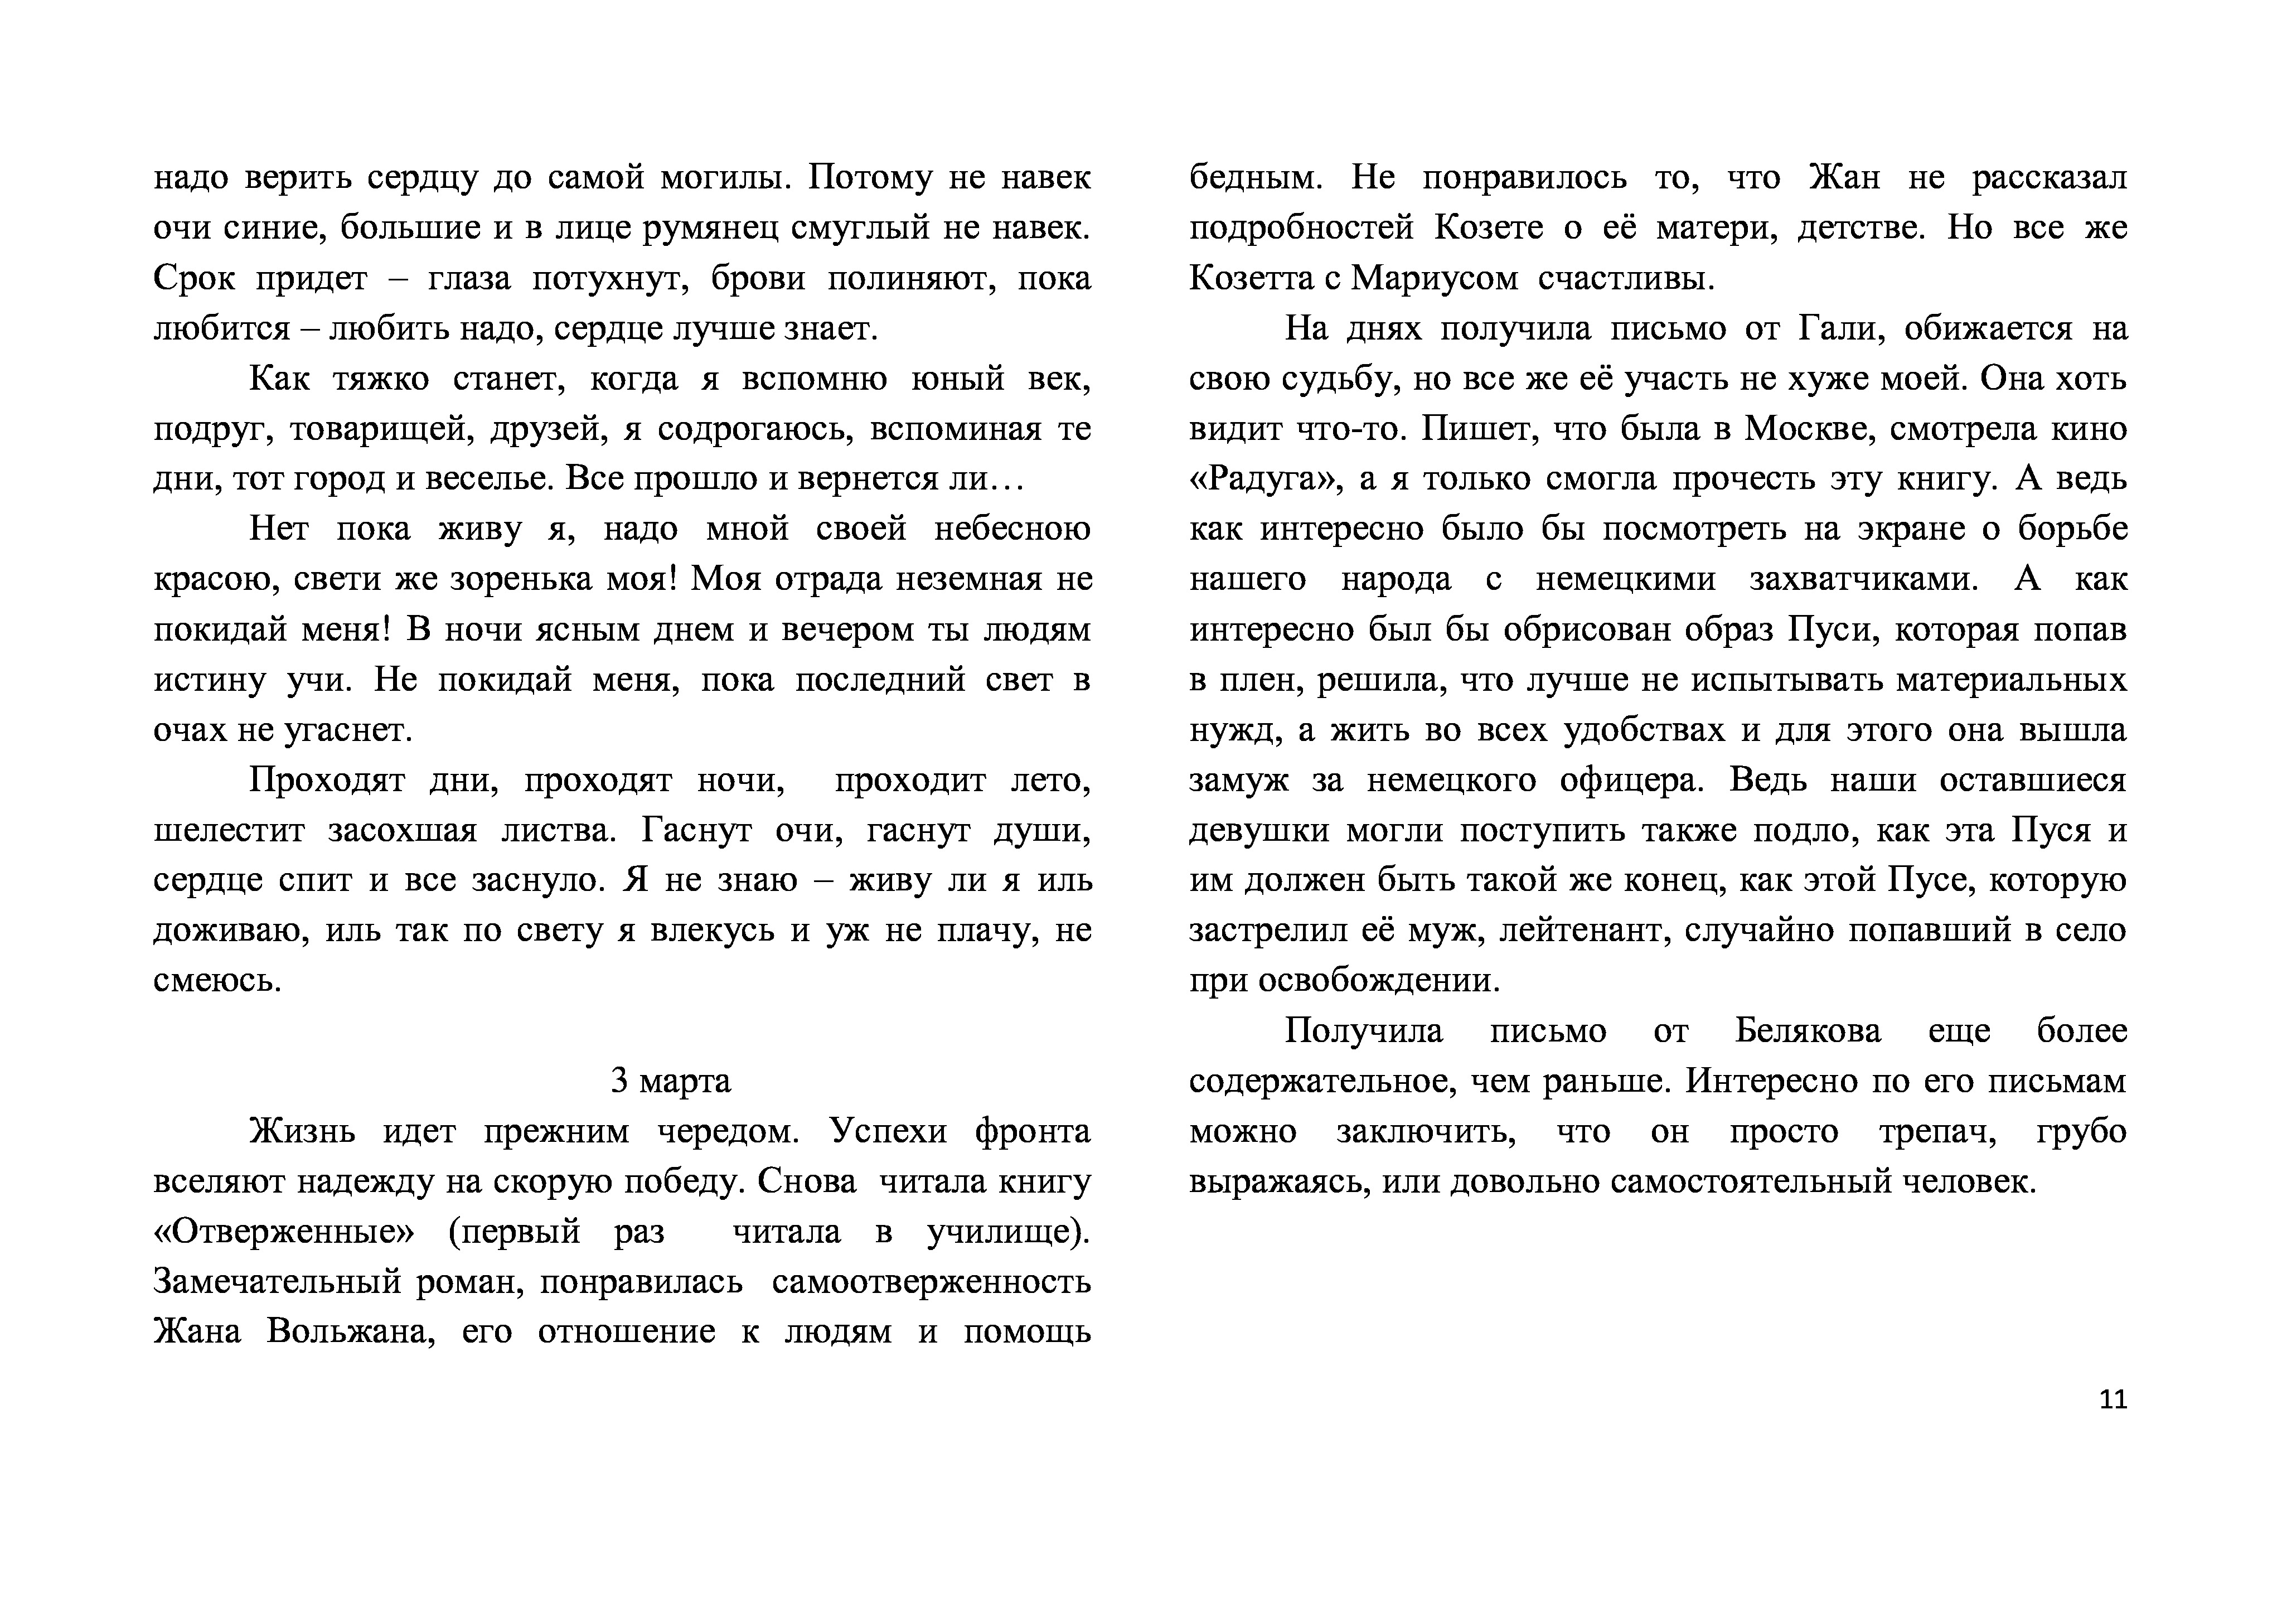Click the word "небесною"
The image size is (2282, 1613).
tap(1012, 529)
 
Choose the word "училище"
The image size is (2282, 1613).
tap(1004, 1232)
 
